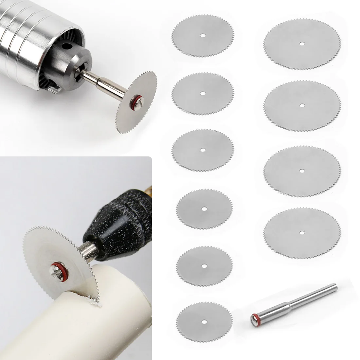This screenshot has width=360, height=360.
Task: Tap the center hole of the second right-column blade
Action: click(301, 105)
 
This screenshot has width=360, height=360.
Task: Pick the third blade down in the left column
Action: click(203, 150)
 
